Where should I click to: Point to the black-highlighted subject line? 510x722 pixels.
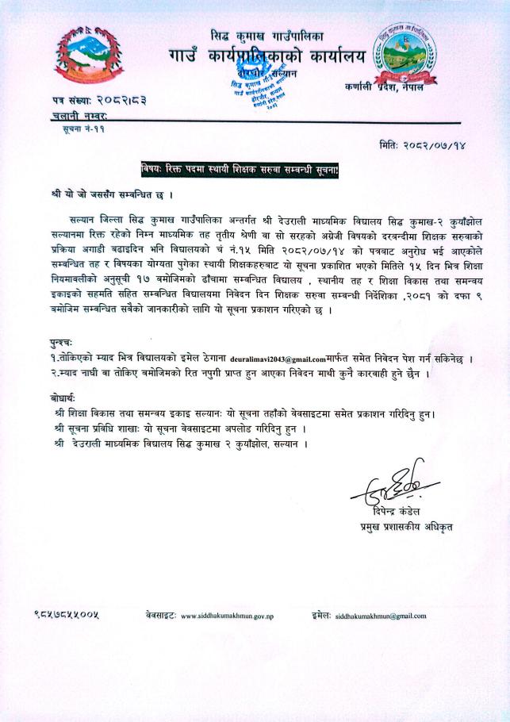[240, 168]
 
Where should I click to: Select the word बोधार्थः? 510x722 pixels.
[58, 398]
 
